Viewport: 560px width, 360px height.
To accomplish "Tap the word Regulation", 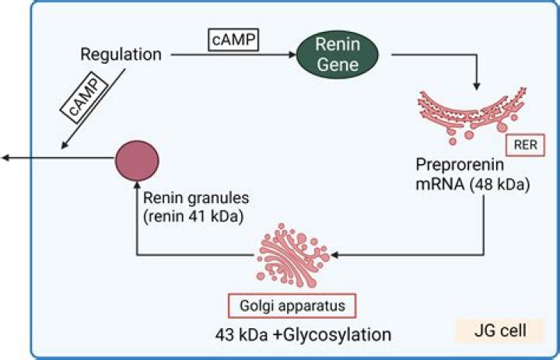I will point(121,55).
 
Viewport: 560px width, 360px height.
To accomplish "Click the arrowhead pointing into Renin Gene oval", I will point(292,56).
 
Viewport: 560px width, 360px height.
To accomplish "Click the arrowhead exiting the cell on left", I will point(5,159).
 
